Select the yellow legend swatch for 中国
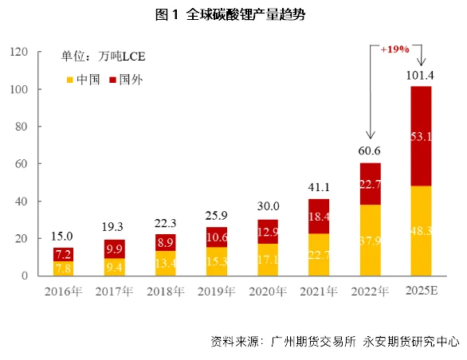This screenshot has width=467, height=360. tap(69, 80)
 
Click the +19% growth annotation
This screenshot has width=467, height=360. tap(394, 49)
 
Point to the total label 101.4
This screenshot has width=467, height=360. tap(420, 76)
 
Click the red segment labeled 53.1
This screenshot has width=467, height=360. tap(421, 136)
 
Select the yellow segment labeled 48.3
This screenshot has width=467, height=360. tap(421, 231)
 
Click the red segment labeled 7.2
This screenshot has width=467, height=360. tap(64, 254)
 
